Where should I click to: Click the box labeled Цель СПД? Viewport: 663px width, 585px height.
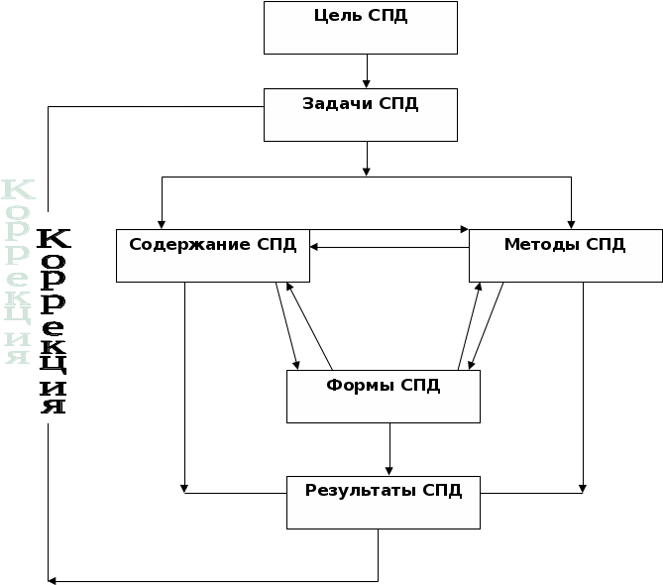click(x=360, y=28)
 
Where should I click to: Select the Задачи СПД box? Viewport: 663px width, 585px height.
click(x=360, y=115)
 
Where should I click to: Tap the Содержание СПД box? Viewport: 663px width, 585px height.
click(x=212, y=256)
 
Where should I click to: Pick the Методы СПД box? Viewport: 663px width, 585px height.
click(x=564, y=256)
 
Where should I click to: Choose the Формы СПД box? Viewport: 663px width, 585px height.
click(x=383, y=397)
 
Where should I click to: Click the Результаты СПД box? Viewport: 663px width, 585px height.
click(x=383, y=502)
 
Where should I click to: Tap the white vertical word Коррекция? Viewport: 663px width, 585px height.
click(x=18, y=272)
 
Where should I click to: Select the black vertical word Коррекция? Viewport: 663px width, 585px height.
click(x=54, y=321)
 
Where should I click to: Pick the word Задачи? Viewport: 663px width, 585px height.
click(x=337, y=103)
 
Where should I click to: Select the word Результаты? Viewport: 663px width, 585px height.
click(x=359, y=490)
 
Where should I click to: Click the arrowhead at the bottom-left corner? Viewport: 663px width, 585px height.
click(x=51, y=580)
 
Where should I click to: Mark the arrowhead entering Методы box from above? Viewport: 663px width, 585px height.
click(x=572, y=224)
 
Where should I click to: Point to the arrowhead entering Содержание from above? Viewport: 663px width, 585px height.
click(x=162, y=224)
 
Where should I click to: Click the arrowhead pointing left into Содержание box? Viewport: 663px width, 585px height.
click(x=313, y=247)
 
